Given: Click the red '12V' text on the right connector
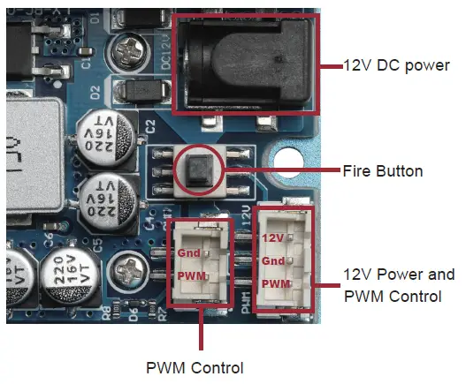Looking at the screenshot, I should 272,237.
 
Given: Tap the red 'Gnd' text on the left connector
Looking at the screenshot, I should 188,252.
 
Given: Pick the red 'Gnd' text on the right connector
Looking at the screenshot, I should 272,260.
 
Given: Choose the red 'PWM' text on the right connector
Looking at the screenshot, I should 274,283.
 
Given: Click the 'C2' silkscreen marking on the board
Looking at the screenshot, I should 150,123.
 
